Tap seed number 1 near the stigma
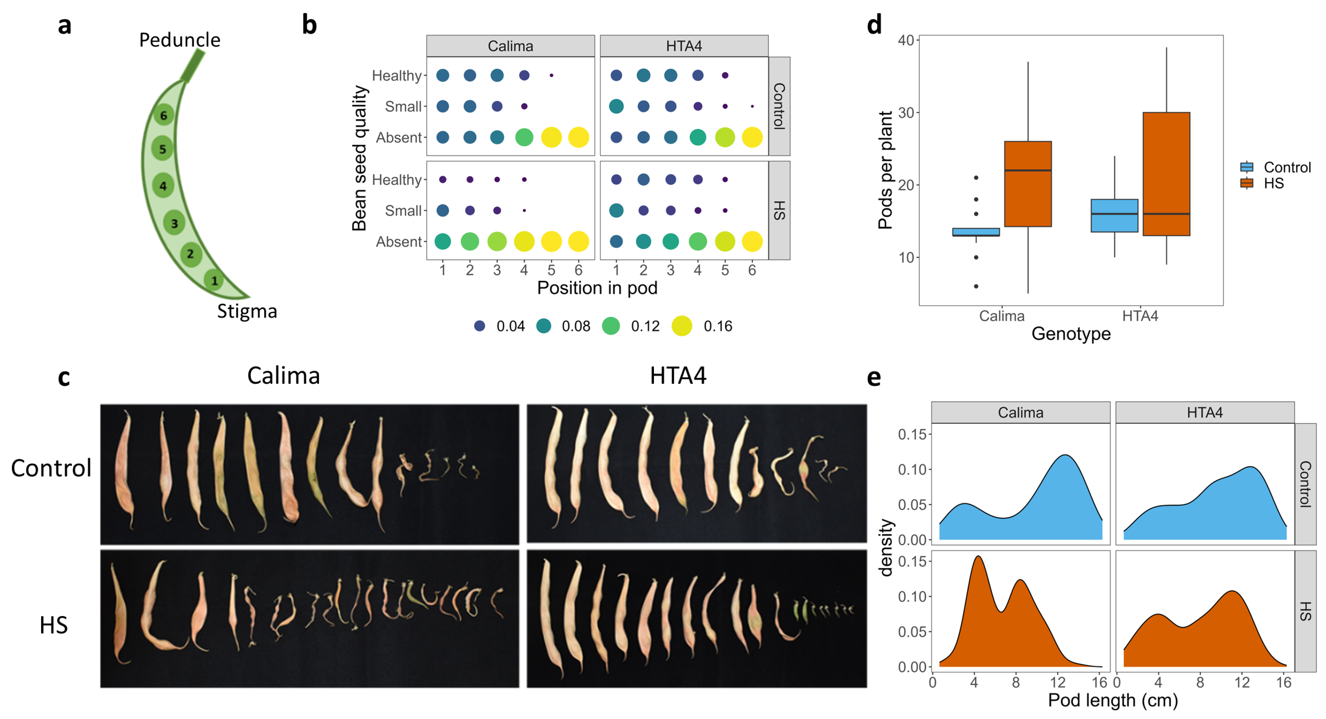[214, 280]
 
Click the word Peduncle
[180, 40]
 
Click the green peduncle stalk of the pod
[193, 65]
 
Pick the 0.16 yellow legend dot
[682, 326]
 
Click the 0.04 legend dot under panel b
[479, 326]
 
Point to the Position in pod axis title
[597, 288]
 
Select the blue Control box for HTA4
[1114, 215]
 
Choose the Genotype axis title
[1071, 333]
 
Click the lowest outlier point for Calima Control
[976, 286]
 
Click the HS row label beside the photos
[53, 625]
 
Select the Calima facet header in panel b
[510, 46]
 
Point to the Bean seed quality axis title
[359, 158]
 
